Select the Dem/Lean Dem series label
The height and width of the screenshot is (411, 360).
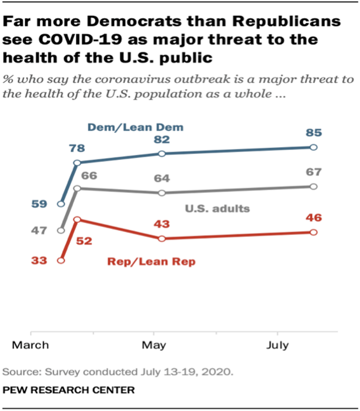(x=135, y=127)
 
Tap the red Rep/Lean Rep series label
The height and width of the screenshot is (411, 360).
(x=151, y=261)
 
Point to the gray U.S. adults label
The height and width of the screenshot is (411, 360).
(x=217, y=208)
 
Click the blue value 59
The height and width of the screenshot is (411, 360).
(x=40, y=204)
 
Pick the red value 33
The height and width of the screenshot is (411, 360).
(x=40, y=261)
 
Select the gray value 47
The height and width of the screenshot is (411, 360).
(x=40, y=231)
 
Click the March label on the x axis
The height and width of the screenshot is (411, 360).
(x=31, y=345)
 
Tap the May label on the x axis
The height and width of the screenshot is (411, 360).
(x=154, y=345)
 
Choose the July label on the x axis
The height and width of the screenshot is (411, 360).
(x=277, y=345)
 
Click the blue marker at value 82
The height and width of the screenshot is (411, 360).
(x=162, y=153)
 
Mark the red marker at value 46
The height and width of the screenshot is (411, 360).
(x=313, y=232)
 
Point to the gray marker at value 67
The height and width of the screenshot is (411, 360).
(x=313, y=186)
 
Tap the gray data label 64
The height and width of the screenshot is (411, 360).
(x=162, y=179)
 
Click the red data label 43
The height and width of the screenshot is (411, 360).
(x=162, y=224)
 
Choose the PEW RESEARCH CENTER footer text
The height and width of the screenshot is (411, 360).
(x=69, y=390)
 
